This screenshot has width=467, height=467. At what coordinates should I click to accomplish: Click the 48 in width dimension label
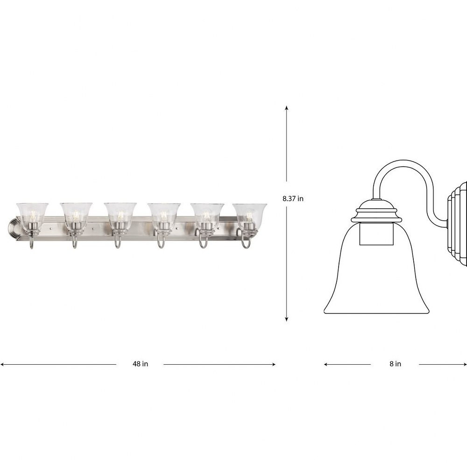click(x=140, y=364)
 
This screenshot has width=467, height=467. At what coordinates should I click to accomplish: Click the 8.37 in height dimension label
click(x=293, y=198)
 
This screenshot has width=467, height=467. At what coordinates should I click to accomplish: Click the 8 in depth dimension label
click(x=395, y=364)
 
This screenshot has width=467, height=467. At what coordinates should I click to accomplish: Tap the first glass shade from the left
click(x=32, y=213)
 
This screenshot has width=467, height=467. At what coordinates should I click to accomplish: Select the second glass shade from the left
click(x=76, y=213)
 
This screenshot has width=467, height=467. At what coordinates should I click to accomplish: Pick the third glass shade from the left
click(x=120, y=213)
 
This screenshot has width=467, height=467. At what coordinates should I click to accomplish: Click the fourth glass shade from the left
click(x=164, y=213)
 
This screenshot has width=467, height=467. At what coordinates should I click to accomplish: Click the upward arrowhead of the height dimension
click(x=287, y=108)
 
